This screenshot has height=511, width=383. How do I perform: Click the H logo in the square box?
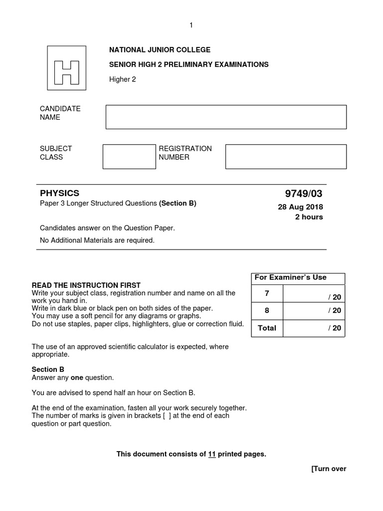(x=67, y=68)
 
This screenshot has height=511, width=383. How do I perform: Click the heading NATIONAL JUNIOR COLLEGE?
(x=160, y=50)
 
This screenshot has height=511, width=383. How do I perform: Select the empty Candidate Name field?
(x=226, y=117)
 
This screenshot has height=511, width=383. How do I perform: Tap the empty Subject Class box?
(x=129, y=157)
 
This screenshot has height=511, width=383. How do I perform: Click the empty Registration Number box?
(x=286, y=157)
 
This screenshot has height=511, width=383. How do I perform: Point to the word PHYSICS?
(x=59, y=194)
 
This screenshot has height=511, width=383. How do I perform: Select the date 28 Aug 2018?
(x=300, y=207)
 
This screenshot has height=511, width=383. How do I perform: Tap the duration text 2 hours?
(x=309, y=217)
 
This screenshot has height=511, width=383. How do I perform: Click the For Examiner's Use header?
(x=290, y=277)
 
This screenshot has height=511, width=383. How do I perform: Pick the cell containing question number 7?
(x=267, y=294)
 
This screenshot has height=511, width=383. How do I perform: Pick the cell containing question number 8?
(x=267, y=310)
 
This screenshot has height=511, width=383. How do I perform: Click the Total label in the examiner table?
(x=267, y=328)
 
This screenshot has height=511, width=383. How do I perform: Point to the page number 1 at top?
(x=191, y=25)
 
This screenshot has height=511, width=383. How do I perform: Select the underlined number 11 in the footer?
(x=211, y=454)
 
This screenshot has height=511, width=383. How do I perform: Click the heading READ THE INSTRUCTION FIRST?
(x=86, y=285)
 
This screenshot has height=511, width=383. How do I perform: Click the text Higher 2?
(x=123, y=79)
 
